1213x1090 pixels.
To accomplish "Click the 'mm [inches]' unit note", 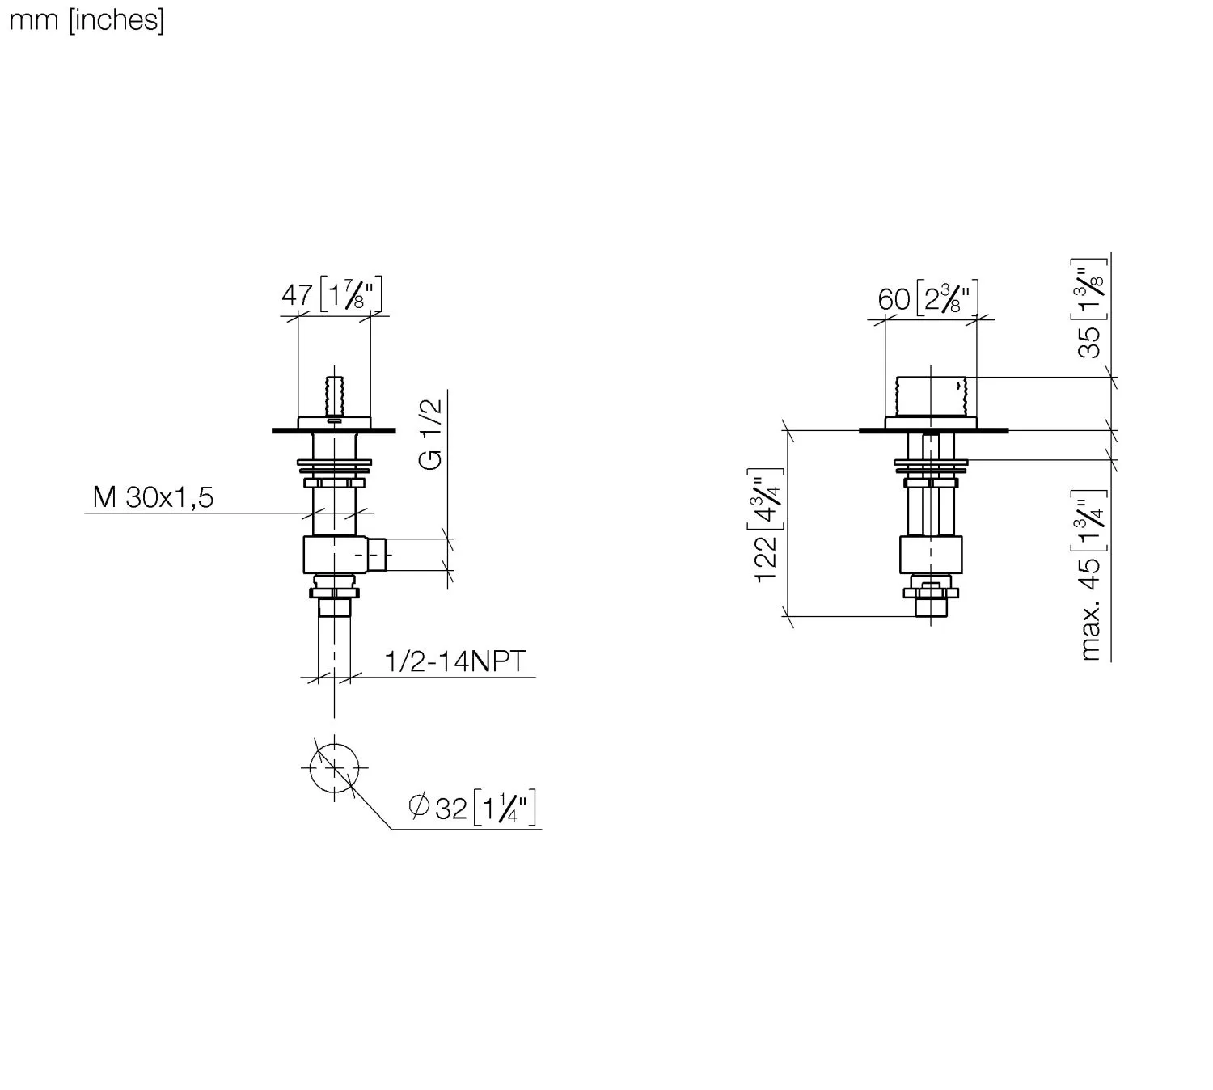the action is coord(87,20).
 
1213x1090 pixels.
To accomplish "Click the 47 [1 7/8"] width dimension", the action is coord(332,294).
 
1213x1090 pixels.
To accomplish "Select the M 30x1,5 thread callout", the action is coord(153,497).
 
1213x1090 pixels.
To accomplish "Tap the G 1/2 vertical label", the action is coord(430,433).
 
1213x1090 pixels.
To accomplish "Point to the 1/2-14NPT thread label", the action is coord(455,661).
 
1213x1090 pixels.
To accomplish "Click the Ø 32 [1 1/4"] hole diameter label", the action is coord(472,808).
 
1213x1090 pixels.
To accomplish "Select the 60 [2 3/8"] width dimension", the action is coord(928,298).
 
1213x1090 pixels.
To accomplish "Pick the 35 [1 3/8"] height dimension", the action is coord(1092,309).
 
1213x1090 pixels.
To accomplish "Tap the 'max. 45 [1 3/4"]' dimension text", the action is coord(1092,575).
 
